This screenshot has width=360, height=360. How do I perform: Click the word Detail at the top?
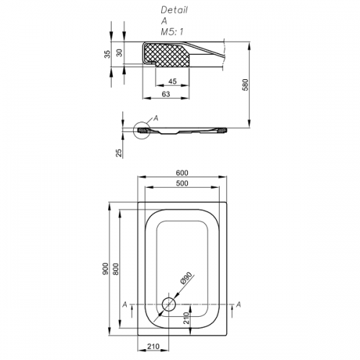[x=174, y=10]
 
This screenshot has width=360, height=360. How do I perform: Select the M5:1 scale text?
[x=172, y=32]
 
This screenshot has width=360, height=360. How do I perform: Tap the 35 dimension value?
[x=108, y=54]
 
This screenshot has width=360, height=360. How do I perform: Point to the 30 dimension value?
[x=120, y=53]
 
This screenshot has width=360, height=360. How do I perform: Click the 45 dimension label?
[x=172, y=81]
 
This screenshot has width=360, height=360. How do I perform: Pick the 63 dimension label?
[x=166, y=94]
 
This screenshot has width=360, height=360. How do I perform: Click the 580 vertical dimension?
[x=246, y=85]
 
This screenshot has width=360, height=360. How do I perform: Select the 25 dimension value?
[x=119, y=153]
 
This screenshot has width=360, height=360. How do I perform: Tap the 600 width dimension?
[x=182, y=173]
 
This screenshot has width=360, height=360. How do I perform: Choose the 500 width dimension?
[x=182, y=184]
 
